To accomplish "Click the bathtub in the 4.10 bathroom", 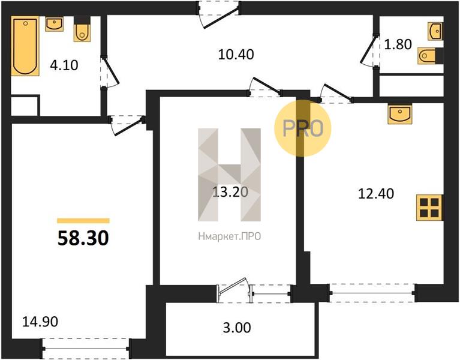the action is [x=25, y=46].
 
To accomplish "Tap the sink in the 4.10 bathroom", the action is [x=54, y=24].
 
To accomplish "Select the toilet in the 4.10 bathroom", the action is [x=82, y=29].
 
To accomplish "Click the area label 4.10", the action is [x=64, y=65].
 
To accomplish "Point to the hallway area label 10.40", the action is [x=236, y=55].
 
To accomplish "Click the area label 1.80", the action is [x=398, y=44].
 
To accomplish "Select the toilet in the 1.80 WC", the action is [x=431, y=55].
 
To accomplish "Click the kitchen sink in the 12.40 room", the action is [x=399, y=113].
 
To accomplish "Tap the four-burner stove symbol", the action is [x=430, y=208].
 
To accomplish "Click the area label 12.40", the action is [x=376, y=194].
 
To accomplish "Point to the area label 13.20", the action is [x=230, y=192].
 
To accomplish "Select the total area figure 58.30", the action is [x=83, y=238].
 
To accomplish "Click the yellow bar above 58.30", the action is [x=83, y=221].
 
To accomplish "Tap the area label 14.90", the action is [x=40, y=322].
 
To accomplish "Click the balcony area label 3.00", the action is [x=237, y=328].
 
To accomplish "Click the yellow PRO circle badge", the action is [x=303, y=128].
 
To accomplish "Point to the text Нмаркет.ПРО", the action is [x=230, y=236].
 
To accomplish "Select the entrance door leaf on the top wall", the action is [x=221, y=18].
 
